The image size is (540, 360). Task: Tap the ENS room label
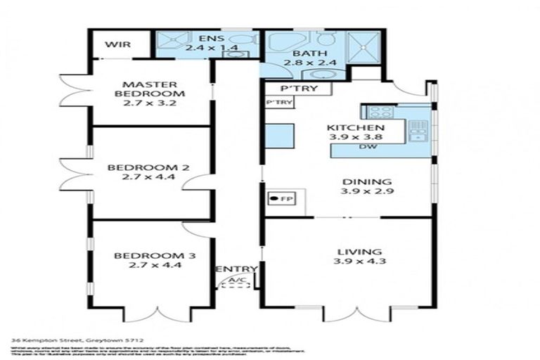coord(208,39)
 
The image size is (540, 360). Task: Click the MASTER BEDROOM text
coord(149,86)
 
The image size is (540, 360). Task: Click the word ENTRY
coord(236,269)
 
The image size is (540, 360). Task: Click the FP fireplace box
coord(281,199)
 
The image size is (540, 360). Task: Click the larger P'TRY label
coord(295,89)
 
